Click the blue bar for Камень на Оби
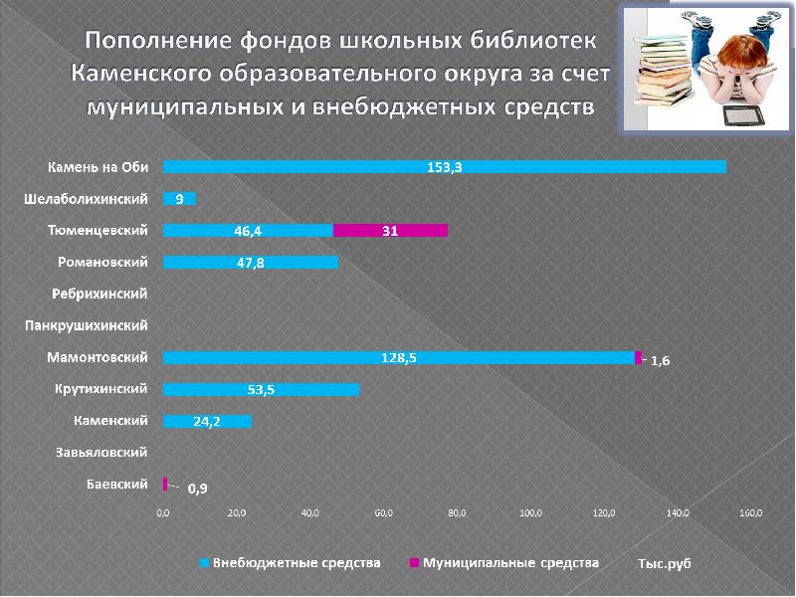click(444, 167)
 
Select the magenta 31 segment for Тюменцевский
click(390, 231)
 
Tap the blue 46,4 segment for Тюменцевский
click(248, 231)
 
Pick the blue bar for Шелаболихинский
click(179, 199)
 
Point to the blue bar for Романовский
click(250, 263)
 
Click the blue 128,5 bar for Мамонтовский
click(398, 357)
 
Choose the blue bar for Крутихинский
click(261, 389)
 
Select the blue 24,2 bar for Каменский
click(207, 421)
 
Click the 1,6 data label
click(660, 362)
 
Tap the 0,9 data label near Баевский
click(197, 488)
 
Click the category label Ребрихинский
click(99, 294)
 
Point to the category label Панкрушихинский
click(87, 325)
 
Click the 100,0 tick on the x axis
click(530, 513)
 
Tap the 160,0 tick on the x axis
click(751, 513)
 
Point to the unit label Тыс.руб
click(664, 563)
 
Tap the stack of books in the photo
click(668, 70)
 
